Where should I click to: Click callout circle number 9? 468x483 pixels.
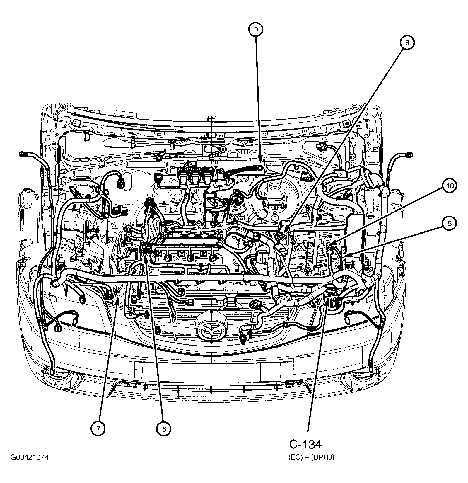pyautogui.click(x=256, y=29)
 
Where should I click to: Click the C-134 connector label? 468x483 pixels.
pyautogui.click(x=305, y=444)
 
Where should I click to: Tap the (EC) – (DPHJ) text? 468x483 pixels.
pyautogui.click(x=311, y=458)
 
